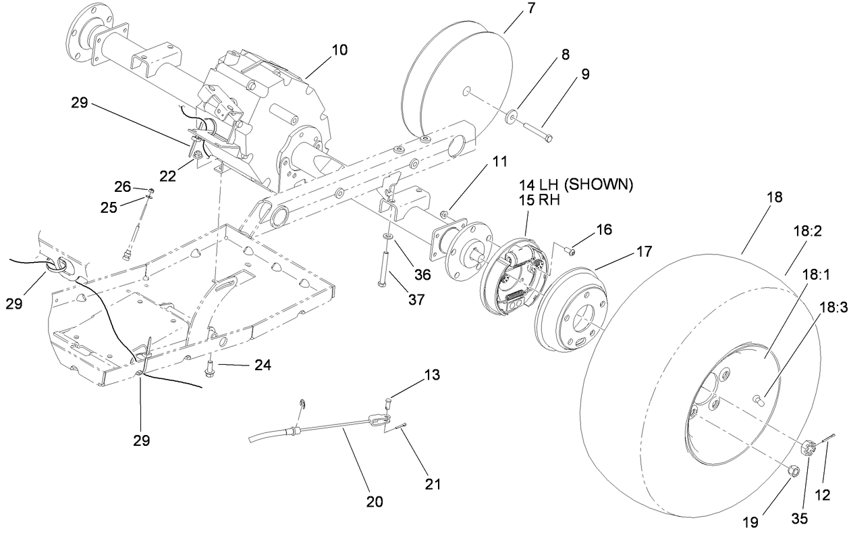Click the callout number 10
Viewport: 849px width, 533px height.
pyautogui.click(x=339, y=50)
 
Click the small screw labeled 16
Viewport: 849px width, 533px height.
pyautogui.click(x=571, y=251)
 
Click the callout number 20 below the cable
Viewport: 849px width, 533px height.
pyautogui.click(x=374, y=501)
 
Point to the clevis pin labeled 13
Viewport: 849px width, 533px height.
pyautogui.click(x=387, y=403)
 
